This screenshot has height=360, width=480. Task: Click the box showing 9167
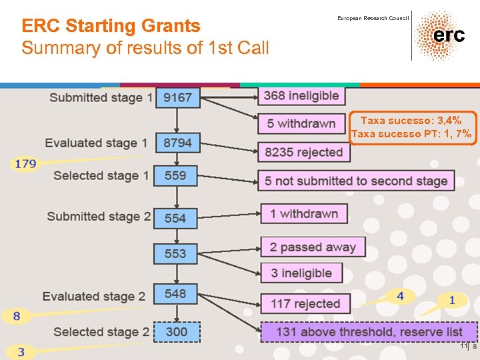click(x=177, y=98)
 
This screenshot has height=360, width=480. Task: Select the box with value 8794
click(x=177, y=143)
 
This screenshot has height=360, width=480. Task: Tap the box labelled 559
click(x=175, y=176)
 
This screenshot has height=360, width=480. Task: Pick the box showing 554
click(x=175, y=218)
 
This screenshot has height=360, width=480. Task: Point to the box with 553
click(x=175, y=253)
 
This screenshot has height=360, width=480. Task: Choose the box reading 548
click(x=175, y=294)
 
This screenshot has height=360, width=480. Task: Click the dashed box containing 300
click(x=177, y=332)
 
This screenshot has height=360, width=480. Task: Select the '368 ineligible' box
click(x=301, y=96)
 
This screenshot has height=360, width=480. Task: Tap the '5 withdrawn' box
click(x=301, y=124)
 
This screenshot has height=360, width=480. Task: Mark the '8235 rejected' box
click(x=304, y=152)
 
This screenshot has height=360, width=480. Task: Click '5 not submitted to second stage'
click(x=356, y=181)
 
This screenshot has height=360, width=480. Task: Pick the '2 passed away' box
click(x=313, y=247)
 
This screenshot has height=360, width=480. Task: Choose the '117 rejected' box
click(x=305, y=303)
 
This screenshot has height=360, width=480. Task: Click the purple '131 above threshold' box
click(x=369, y=332)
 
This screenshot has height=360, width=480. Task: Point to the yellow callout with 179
click(x=25, y=164)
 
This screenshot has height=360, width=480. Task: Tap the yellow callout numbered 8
click(x=16, y=315)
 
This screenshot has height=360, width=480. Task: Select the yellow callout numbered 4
click(x=400, y=296)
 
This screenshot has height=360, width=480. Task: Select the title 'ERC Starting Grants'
click(x=111, y=26)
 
